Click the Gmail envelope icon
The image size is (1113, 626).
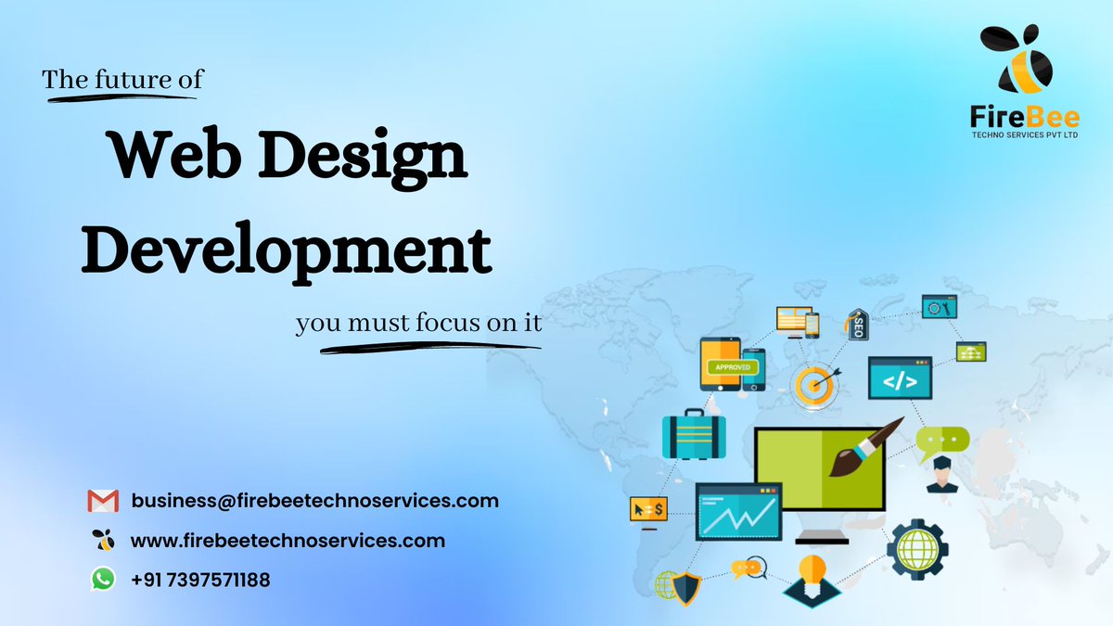(x=103, y=501)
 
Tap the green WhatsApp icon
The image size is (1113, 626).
(x=103, y=580)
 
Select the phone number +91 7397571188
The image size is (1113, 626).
(x=200, y=581)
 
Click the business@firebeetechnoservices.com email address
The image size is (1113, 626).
(x=315, y=501)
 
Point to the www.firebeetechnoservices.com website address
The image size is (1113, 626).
(x=288, y=540)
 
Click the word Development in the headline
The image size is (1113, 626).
(x=286, y=248)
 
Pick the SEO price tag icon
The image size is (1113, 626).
(x=857, y=324)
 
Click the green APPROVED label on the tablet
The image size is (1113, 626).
(x=732, y=367)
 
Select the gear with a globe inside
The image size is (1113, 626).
(x=917, y=548)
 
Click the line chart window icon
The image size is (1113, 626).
(x=738, y=512)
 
